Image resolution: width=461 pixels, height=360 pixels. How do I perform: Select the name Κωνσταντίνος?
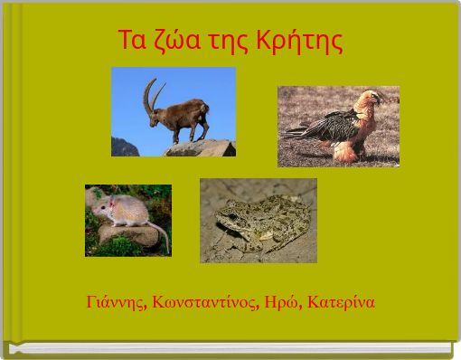[x=202, y=301]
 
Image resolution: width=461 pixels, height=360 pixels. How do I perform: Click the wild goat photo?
[x=174, y=111]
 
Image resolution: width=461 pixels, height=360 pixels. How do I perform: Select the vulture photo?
[x=338, y=127]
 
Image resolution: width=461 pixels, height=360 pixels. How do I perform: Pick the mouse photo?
[x=127, y=221]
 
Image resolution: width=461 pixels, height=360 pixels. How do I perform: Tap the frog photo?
[x=258, y=220]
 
